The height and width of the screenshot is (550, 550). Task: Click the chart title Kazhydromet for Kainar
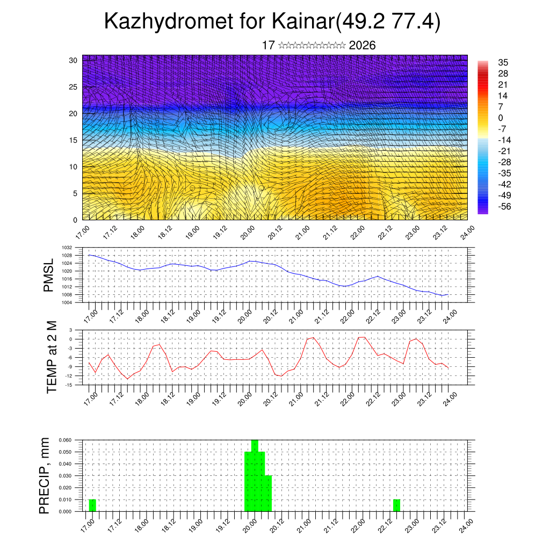272,21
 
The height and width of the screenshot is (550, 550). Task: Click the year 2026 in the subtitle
362,46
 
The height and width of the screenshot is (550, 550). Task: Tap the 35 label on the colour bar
503,62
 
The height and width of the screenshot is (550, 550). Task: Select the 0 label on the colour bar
501,118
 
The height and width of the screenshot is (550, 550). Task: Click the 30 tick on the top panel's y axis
73,60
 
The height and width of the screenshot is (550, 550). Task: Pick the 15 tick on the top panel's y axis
73,140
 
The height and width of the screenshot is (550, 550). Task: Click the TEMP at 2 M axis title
52,357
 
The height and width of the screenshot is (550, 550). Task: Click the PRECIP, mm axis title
45,475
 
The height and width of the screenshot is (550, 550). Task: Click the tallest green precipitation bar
255,475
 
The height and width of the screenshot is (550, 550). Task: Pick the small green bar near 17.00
92,505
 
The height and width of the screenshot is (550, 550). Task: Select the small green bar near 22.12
396,505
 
